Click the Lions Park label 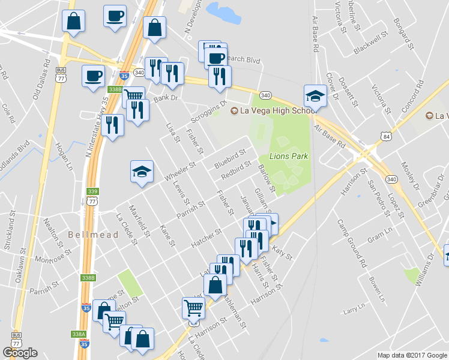coord(288,157)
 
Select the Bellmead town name coord(93,235)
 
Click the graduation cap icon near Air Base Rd coord(315,95)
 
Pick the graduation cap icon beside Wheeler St coord(142,172)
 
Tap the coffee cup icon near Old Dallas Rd coord(93,76)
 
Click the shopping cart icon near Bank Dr coord(134,95)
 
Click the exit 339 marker coord(92,192)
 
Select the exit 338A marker coord(79,334)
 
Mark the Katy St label coord(282,253)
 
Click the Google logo coord(20,353)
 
